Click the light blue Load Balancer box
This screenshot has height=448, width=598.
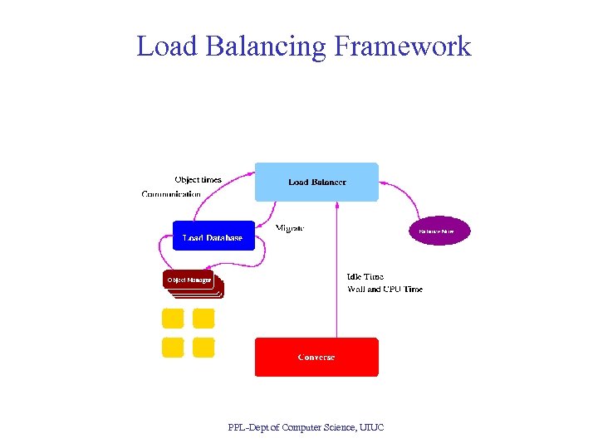tap(316, 182)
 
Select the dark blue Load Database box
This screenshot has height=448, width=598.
tap(212, 236)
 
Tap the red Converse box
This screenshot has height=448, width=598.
tap(316, 357)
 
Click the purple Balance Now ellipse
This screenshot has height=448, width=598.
tap(439, 231)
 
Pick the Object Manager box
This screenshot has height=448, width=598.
tap(189, 280)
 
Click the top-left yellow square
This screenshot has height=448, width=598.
tap(172, 319)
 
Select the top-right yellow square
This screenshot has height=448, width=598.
tap(203, 319)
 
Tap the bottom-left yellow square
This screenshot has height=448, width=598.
tap(172, 348)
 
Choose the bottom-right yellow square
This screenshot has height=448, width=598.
tap(203, 348)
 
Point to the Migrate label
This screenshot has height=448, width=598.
tap(290, 227)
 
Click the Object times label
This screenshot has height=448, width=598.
tap(198, 179)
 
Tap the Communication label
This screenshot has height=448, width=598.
tap(171, 194)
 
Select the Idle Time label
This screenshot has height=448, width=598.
tap(365, 276)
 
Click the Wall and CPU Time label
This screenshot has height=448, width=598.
tap(385, 289)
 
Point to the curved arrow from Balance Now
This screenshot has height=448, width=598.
tap(407, 195)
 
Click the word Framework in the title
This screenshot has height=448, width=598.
tap(402, 46)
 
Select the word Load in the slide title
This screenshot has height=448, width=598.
tap(165, 46)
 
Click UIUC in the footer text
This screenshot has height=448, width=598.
tap(372, 427)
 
